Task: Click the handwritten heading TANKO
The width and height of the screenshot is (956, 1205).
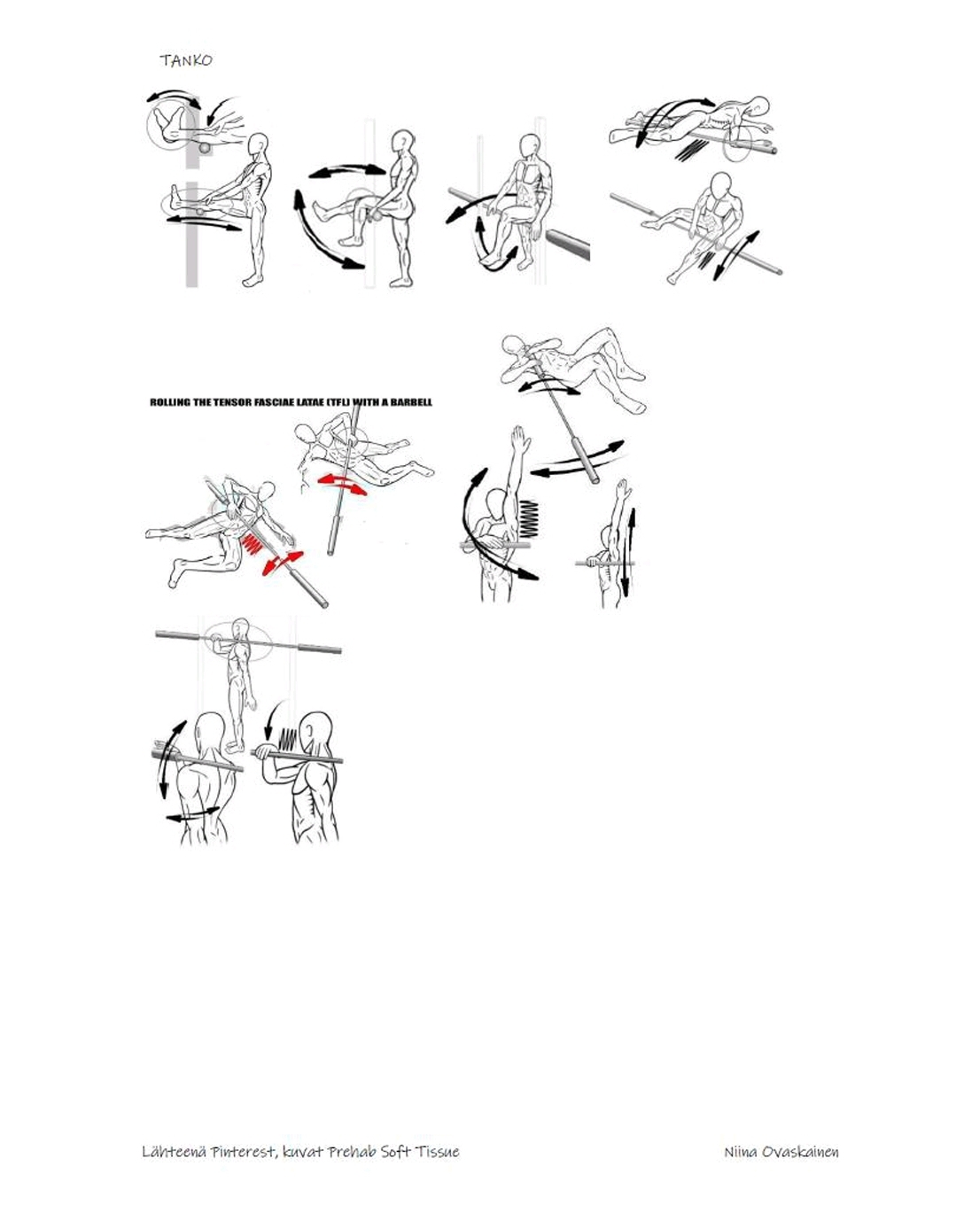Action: [x=186, y=60]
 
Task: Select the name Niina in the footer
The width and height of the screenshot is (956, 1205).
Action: [x=741, y=1152]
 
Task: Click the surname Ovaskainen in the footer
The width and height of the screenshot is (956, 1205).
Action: [x=801, y=1152]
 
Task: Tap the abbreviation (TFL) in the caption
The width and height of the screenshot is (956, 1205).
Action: [x=338, y=402]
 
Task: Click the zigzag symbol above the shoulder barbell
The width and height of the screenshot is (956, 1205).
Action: [x=288, y=739]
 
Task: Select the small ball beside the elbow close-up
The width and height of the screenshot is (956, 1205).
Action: [x=206, y=147]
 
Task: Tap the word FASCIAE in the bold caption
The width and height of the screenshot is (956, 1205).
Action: [x=279, y=402]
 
